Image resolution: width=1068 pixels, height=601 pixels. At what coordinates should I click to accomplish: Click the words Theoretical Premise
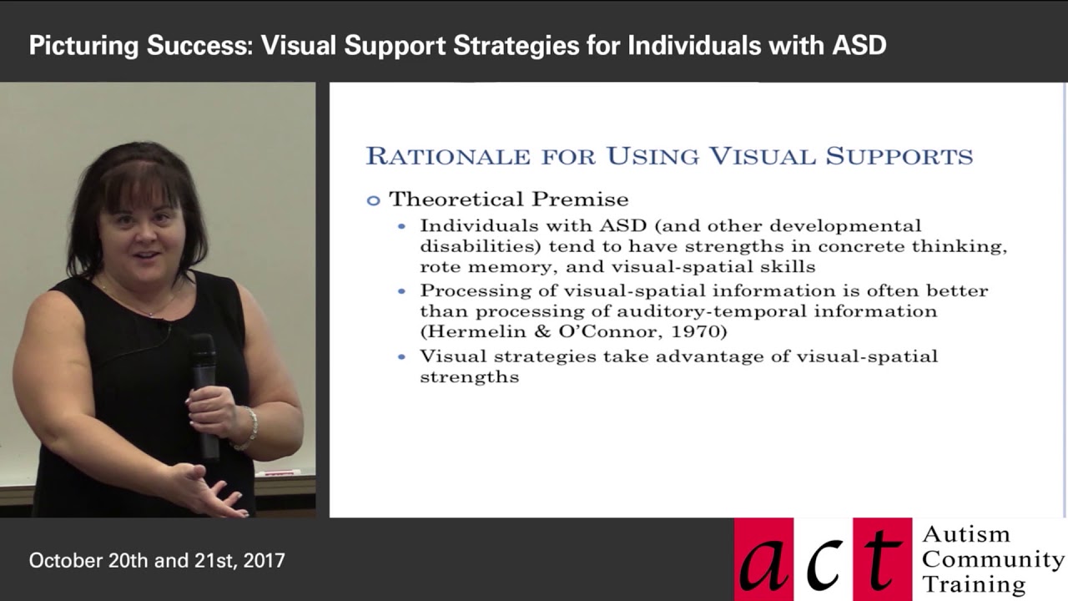(x=508, y=199)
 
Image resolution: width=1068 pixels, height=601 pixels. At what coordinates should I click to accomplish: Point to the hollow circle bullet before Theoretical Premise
(x=373, y=200)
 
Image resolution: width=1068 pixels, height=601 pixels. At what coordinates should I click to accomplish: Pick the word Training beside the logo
(x=974, y=583)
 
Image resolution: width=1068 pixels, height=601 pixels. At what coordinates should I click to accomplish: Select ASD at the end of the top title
(x=859, y=45)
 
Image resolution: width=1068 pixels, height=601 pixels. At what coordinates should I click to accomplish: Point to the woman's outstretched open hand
(x=200, y=488)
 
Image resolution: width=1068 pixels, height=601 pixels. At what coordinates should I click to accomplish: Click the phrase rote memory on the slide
(x=468, y=267)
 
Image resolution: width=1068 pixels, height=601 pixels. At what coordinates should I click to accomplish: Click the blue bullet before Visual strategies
(x=402, y=356)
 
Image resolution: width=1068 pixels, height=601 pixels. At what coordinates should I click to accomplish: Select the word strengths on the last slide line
(x=469, y=376)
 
